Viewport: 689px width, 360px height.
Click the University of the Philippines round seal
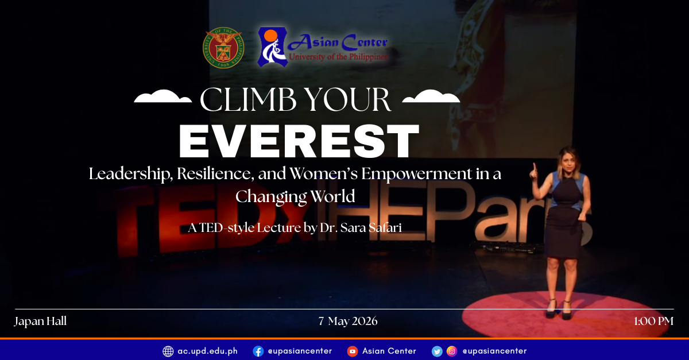coord(223,48)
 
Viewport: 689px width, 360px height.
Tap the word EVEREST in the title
coord(299,141)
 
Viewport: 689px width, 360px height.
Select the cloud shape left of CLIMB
coord(163,98)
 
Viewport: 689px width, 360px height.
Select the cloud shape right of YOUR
coord(431,98)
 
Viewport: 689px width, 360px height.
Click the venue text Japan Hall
coord(40,321)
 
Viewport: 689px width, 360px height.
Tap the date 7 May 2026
coord(348,321)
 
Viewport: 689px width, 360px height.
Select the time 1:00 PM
coord(653,321)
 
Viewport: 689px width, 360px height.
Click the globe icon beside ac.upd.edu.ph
coord(168,351)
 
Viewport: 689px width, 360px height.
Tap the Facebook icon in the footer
coord(258,351)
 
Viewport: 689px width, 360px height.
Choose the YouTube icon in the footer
coord(353,351)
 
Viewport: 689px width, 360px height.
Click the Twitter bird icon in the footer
coord(438,351)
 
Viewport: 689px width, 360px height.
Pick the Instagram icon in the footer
coord(452,351)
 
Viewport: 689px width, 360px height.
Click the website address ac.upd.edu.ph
coord(207,351)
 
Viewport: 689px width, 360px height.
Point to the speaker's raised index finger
coord(533,167)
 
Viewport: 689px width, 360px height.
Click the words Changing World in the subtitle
coord(295,196)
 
